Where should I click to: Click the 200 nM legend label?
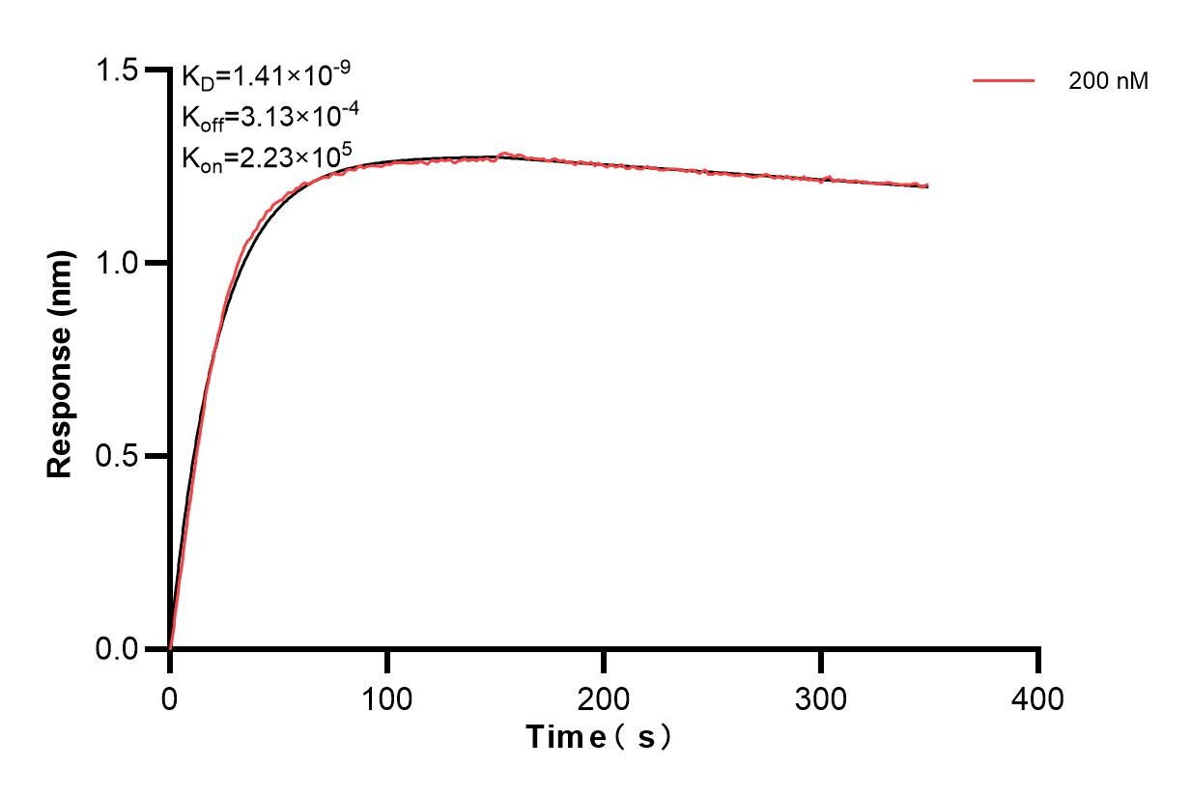coord(1108,82)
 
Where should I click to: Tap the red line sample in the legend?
coord(1004,81)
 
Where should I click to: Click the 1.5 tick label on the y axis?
coord(119,71)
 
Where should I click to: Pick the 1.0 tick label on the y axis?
coord(119,263)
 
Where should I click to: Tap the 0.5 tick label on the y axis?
coord(119,456)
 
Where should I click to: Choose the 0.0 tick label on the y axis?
coord(119,648)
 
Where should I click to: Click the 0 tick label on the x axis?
coord(170,697)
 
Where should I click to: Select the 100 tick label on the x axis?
coord(386,697)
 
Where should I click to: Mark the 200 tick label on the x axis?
coord(604,697)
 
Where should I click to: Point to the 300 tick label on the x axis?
coord(820,697)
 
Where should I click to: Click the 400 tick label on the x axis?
coord(1037,697)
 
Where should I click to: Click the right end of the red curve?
coord(927,185)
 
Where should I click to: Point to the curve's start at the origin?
coord(171,647)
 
